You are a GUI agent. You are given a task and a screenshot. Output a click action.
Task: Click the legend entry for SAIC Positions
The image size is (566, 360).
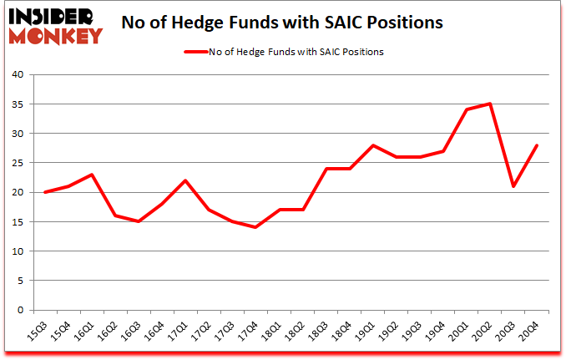click(283, 52)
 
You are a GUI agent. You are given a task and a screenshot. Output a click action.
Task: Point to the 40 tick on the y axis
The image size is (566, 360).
click(18, 74)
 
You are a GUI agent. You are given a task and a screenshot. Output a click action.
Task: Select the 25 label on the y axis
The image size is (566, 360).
click(18, 163)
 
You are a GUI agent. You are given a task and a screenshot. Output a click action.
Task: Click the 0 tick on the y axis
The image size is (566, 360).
click(22, 310)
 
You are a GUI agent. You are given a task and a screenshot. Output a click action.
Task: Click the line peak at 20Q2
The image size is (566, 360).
click(490, 104)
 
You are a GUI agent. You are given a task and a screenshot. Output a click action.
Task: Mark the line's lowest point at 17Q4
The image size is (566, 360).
click(255, 227)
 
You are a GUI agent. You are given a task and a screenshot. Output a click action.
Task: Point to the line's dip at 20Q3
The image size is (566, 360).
click(513, 186)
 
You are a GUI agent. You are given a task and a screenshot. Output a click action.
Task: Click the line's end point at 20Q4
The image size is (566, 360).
click(537, 145)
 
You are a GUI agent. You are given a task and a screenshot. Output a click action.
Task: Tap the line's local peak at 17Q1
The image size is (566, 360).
click(184, 180)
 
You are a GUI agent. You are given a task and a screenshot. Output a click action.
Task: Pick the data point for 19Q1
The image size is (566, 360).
click(372, 145)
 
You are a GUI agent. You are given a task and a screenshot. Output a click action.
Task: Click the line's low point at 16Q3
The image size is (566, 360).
click(138, 221)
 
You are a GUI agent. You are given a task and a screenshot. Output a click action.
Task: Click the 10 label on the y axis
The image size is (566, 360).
click(18, 251)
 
